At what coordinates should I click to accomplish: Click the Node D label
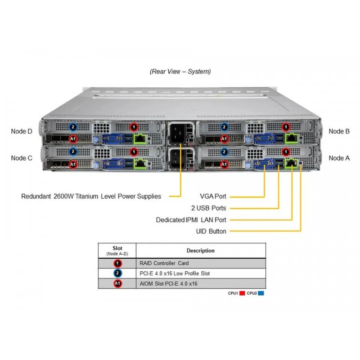[x=22, y=131]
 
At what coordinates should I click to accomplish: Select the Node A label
[x=339, y=158]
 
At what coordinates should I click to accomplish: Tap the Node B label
[x=339, y=131]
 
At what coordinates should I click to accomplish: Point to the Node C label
[x=22, y=158]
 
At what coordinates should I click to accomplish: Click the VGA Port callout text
[x=213, y=196]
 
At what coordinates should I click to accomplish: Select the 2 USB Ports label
[x=209, y=208]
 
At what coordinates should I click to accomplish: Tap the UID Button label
[x=211, y=231]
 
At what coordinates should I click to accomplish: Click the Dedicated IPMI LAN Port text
[x=191, y=220]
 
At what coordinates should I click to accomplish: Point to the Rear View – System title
[x=180, y=72]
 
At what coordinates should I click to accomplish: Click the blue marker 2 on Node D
[x=73, y=127]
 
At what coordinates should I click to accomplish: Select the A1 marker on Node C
[x=73, y=164]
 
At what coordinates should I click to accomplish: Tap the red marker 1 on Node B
[x=286, y=127]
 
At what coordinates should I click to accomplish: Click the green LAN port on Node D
[x=140, y=139]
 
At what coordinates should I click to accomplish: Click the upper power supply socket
[x=178, y=133]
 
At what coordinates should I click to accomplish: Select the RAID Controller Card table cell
[x=164, y=263]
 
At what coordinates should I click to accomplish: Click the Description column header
[x=200, y=251]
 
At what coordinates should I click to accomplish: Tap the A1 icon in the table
[x=117, y=283]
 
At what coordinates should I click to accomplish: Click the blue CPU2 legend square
[x=261, y=293]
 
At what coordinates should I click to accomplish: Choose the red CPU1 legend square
[x=242, y=293]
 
